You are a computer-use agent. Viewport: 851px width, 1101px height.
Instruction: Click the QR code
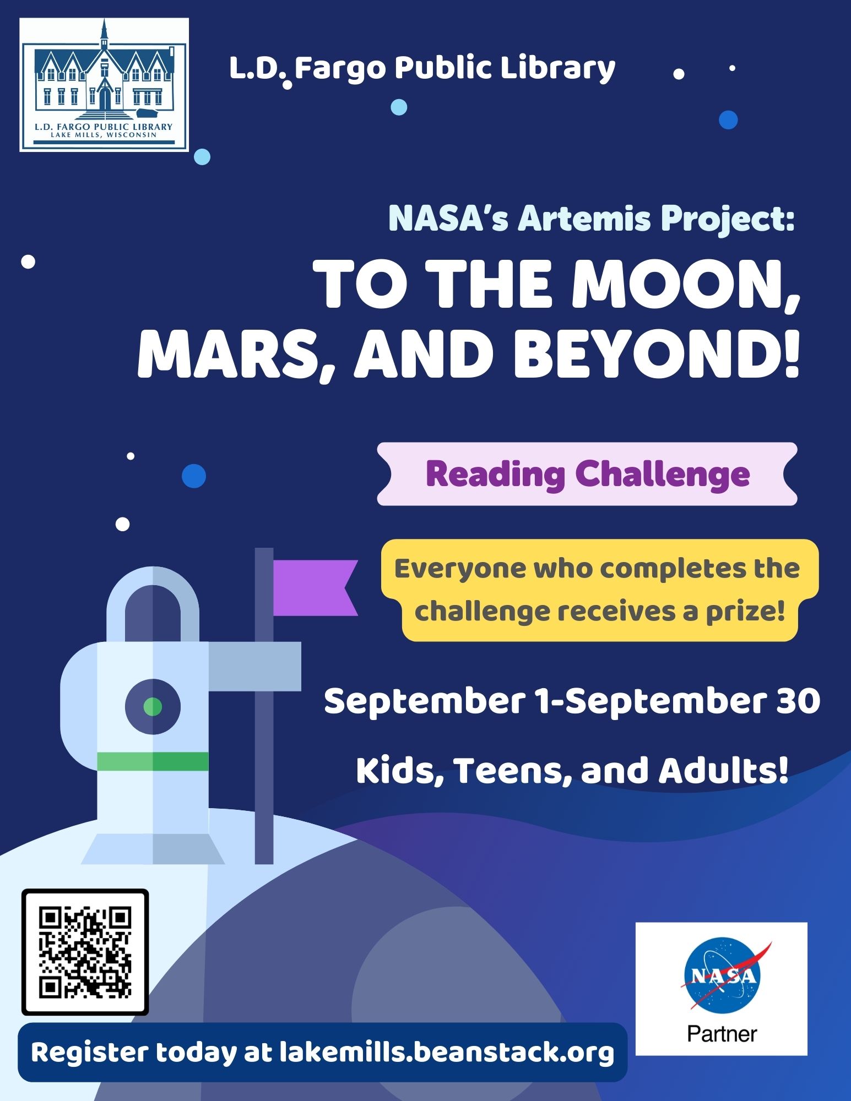click(x=85, y=952)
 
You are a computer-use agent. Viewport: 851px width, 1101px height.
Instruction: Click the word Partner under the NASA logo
click(x=722, y=1034)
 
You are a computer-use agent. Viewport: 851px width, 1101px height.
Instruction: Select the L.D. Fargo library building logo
click(x=104, y=85)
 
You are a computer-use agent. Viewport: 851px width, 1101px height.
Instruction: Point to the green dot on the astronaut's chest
click(x=153, y=706)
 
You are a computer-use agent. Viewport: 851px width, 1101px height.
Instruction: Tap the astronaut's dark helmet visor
click(x=153, y=613)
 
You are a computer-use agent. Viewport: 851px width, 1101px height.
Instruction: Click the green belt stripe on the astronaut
click(x=153, y=761)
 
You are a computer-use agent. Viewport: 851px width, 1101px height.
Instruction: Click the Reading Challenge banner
click(x=587, y=474)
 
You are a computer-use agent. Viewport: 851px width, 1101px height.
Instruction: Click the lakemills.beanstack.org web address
click(x=447, y=1052)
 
